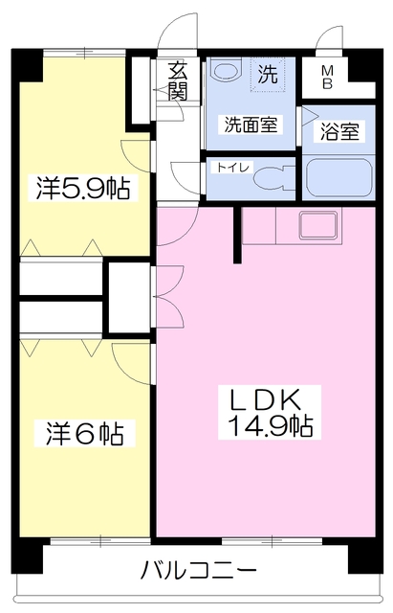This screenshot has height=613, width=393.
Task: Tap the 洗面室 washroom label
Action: click(x=251, y=125)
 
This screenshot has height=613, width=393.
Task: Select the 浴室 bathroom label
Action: click(x=341, y=133)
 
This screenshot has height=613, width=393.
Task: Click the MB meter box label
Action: click(x=327, y=77)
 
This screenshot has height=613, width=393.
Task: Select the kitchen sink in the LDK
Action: click(x=318, y=227)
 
